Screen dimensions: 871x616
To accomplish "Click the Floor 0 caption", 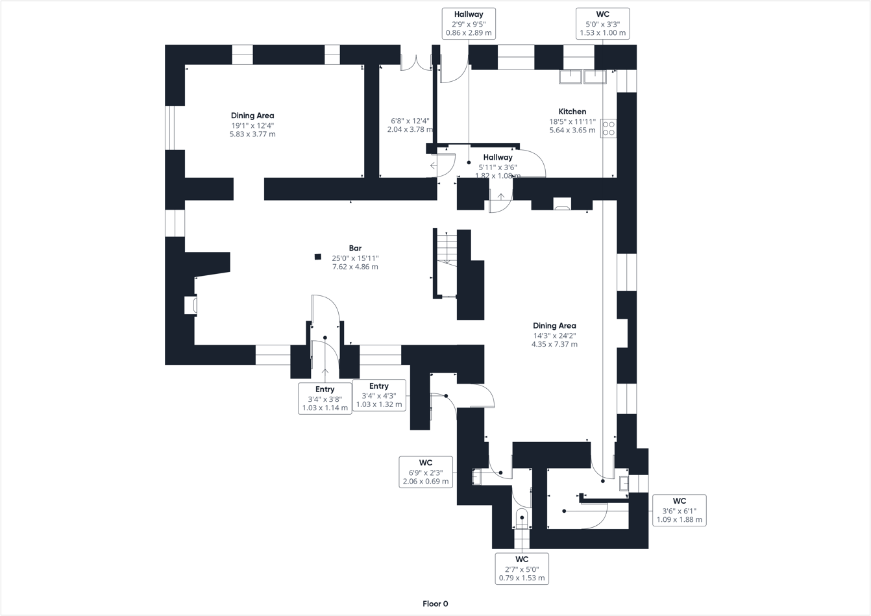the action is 435,604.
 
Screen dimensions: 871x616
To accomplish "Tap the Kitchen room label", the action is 572,112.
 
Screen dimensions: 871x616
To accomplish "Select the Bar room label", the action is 355,248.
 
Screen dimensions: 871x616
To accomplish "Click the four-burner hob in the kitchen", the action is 608,128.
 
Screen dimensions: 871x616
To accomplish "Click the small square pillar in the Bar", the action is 317,257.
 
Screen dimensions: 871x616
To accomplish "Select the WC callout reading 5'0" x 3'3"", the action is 602,23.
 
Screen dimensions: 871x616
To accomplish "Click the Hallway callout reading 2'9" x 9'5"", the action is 469,23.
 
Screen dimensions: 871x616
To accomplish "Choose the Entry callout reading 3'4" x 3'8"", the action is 325,399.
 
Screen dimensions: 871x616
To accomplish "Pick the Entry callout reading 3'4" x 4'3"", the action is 379,395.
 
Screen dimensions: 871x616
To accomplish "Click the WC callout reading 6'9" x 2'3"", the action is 426,472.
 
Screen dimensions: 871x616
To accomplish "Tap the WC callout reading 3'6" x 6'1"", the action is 679,510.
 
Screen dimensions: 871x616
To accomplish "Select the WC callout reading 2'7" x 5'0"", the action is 522,569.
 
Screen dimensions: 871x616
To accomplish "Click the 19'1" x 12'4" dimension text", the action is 252,125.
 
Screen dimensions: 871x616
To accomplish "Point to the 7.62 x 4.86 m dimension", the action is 355,267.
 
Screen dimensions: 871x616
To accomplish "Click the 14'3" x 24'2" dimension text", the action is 554,336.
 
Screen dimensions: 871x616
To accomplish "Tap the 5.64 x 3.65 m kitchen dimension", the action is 572,130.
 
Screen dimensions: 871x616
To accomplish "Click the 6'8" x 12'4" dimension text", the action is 410,121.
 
